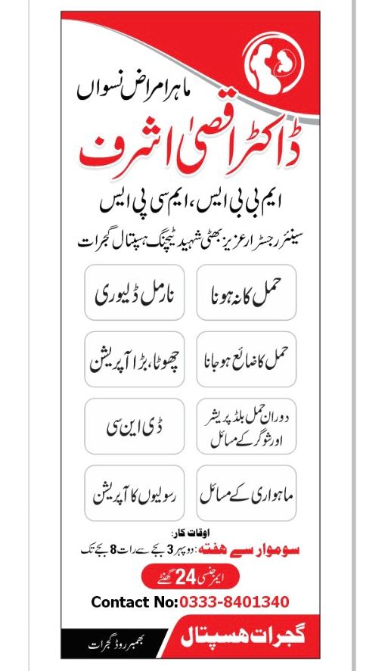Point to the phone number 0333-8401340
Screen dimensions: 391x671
pos(234,603)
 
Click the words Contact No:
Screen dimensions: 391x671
pos(134,603)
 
